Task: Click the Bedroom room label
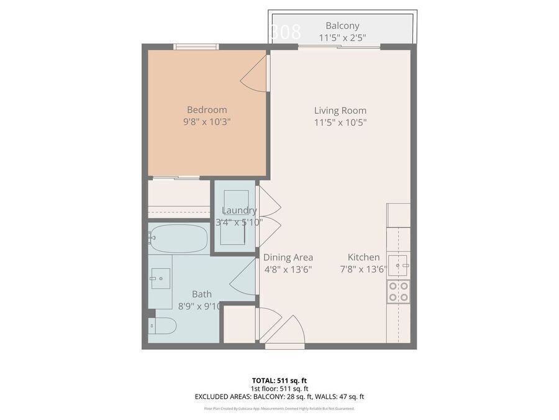207,110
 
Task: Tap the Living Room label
340,111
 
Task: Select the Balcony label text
342,26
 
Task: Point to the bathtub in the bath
178,239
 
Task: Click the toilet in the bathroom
163,326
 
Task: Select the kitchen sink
398,265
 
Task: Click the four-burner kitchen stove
398,291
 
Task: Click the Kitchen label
363,257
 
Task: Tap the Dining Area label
288,257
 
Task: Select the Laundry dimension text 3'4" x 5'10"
239,222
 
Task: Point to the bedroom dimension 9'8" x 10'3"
207,123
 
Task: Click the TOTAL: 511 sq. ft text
279,380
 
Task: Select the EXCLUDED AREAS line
279,396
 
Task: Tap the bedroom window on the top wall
196,47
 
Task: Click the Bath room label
201,294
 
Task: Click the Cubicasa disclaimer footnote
279,409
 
